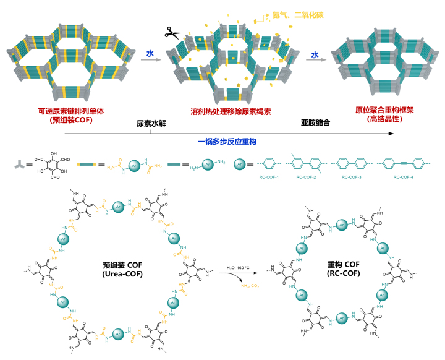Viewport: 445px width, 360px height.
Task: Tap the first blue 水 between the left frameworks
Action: click(149, 54)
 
